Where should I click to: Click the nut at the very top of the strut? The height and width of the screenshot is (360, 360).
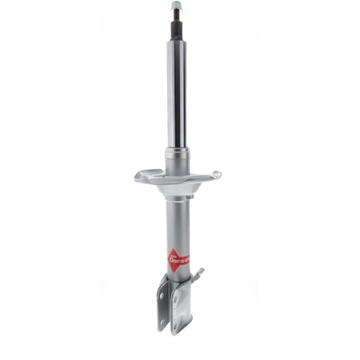tap(176, 6)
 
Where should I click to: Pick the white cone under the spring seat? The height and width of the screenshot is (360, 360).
tap(177, 185)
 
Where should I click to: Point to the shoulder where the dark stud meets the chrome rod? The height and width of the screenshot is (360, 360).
tap(176, 41)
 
